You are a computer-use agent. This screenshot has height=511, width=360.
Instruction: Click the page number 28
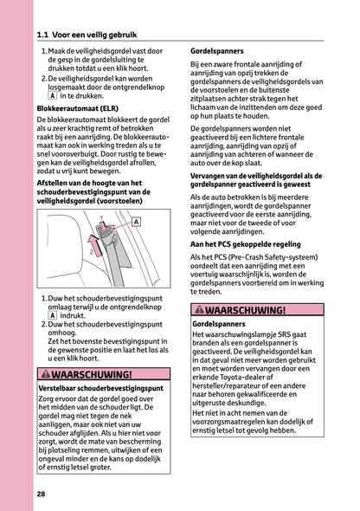(42, 495)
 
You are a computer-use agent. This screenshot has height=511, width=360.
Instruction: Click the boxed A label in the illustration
(136, 223)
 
